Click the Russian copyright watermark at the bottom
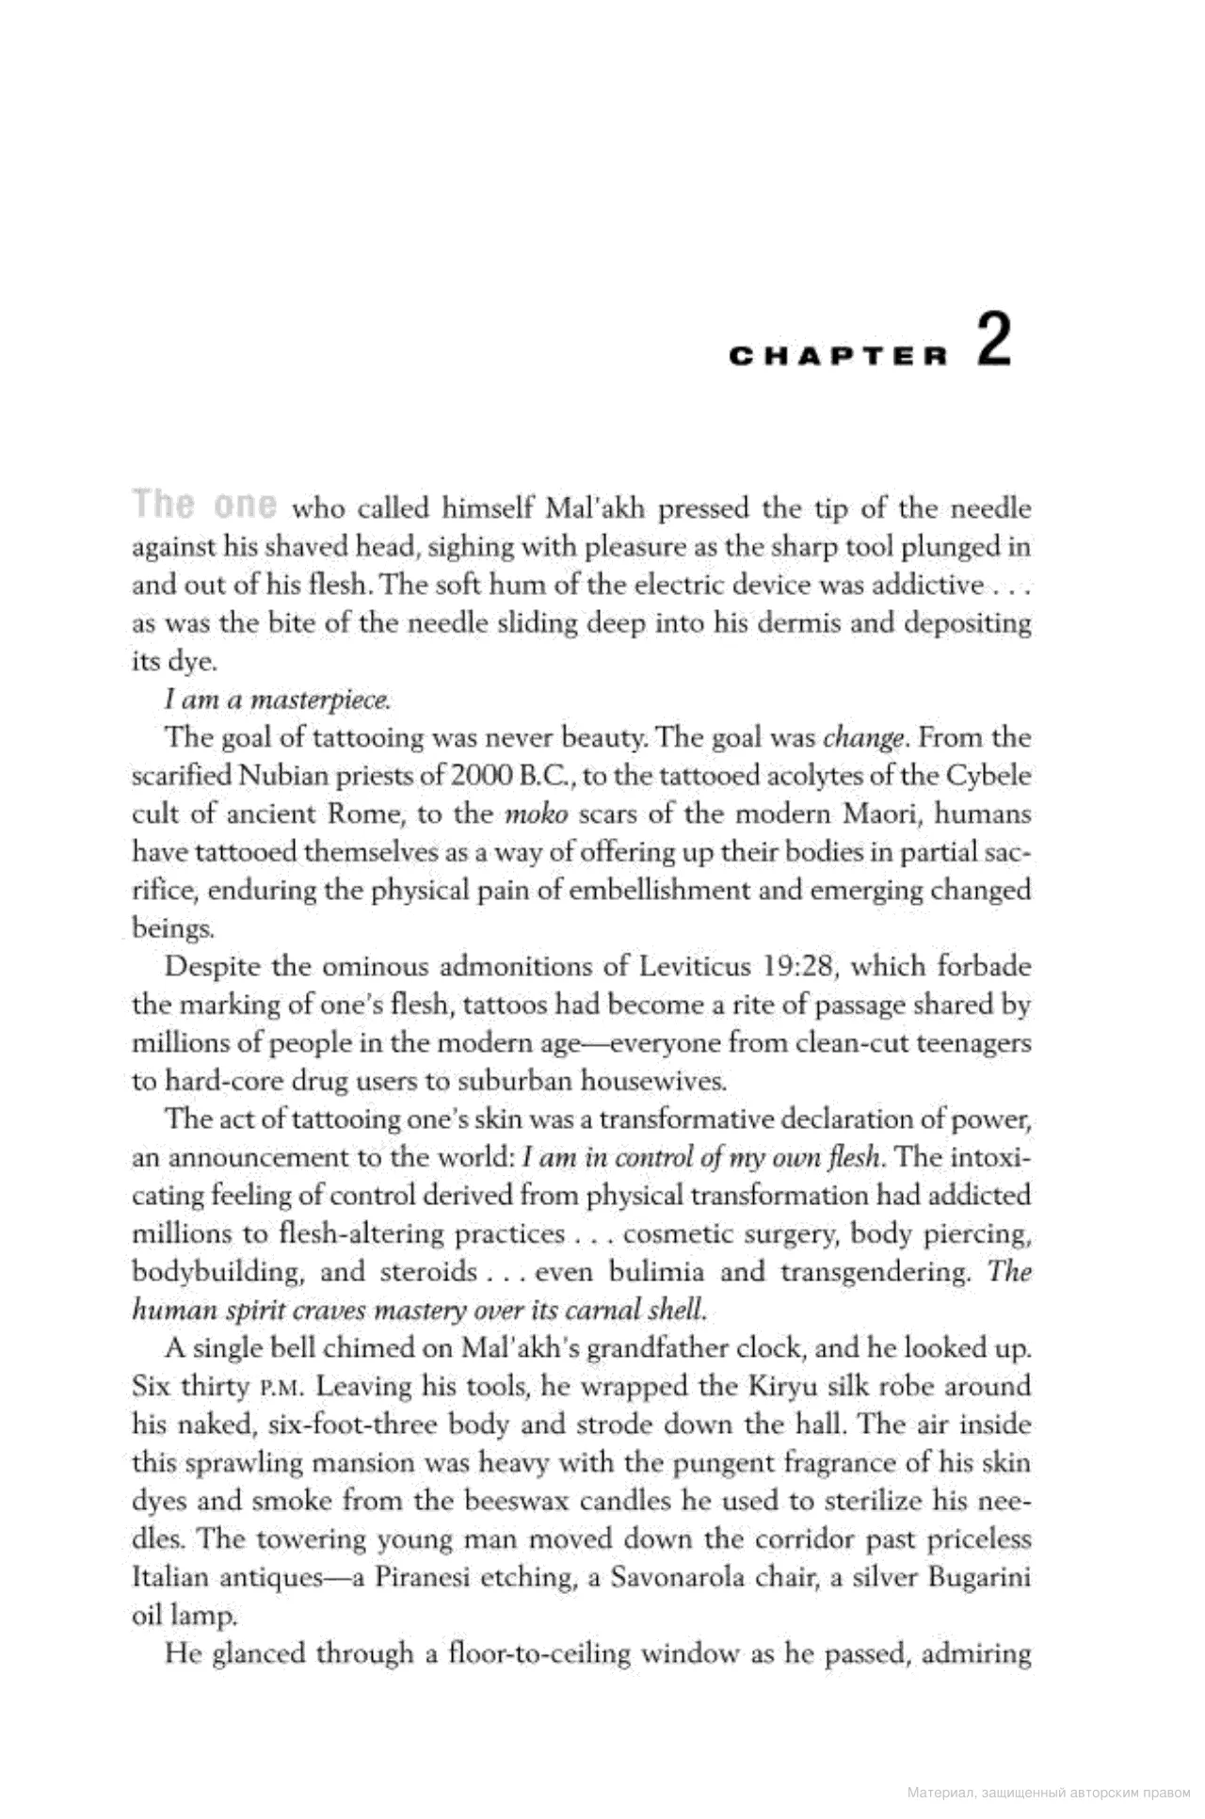1049,1793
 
